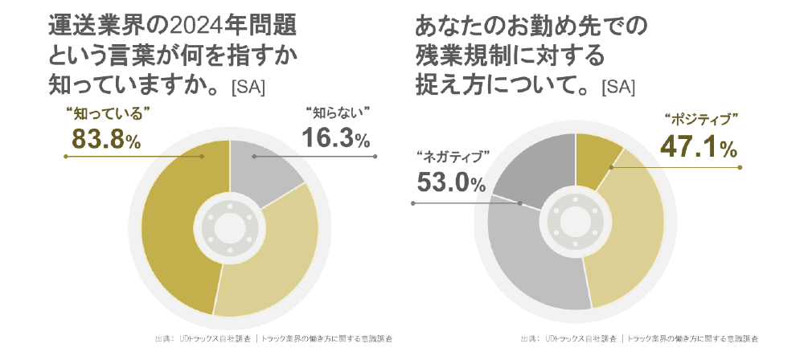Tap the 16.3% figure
pos(335,138)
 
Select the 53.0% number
pos(451,182)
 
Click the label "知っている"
pos(100,112)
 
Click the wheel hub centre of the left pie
pos(230,228)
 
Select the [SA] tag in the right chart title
pos(617,86)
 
